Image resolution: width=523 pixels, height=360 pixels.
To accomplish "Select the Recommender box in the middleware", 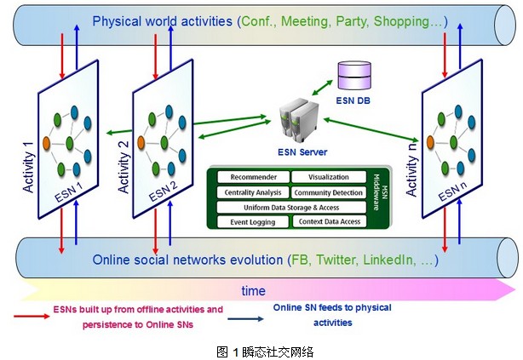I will click(x=254, y=178).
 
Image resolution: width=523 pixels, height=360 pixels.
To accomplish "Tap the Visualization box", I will click(x=325, y=178).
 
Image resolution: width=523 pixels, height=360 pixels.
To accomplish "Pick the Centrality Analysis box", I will click(x=254, y=192).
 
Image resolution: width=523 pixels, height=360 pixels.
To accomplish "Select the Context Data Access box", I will click(x=329, y=221).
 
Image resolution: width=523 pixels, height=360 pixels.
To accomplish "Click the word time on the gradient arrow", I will click(x=253, y=291).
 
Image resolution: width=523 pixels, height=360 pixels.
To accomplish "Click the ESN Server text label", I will click(x=302, y=153).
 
